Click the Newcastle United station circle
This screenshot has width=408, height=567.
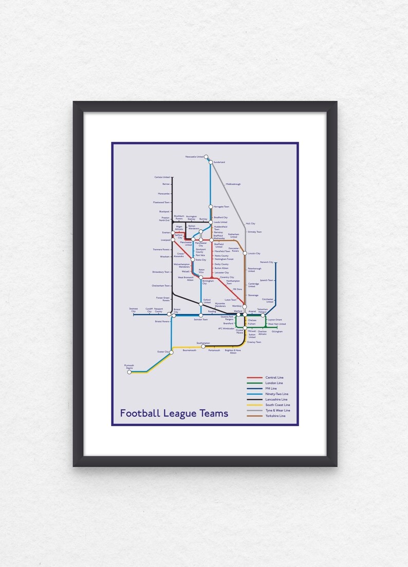click(206, 157)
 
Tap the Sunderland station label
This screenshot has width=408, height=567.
click(219, 162)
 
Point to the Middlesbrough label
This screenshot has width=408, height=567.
click(233, 184)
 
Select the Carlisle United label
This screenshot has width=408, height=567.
click(162, 177)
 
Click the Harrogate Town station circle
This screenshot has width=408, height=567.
click(211, 207)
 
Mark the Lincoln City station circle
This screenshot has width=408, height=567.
click(245, 253)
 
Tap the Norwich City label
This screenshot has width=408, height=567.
click(267, 262)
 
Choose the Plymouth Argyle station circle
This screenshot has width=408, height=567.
click(129, 372)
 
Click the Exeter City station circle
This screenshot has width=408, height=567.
click(172, 352)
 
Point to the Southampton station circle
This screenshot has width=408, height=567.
click(203, 346)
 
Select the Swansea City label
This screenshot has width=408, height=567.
click(134, 310)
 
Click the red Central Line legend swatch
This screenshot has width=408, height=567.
click(255, 378)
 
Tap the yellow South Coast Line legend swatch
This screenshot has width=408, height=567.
click(255, 405)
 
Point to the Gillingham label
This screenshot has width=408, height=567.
click(277, 332)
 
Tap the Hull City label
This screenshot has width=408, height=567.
click(250, 224)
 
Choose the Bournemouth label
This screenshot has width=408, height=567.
click(189, 351)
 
